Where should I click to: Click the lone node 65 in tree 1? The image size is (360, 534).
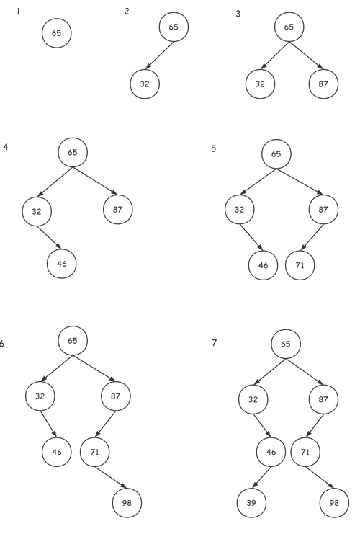point(57,33)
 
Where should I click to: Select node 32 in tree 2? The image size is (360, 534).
point(145,84)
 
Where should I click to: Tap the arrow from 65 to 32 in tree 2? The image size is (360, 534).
point(159,55)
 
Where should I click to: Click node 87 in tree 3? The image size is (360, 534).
point(323,84)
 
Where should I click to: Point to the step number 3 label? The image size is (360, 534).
point(238,14)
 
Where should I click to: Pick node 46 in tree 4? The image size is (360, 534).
point(62,264)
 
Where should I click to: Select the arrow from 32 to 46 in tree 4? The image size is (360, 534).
point(49,238)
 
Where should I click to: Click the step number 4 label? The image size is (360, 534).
point(6,147)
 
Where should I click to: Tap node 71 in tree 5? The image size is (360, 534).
point(300,265)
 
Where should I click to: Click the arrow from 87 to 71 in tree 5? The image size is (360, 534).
point(312,237)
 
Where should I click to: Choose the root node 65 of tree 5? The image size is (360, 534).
point(276,154)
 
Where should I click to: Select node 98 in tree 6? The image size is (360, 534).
point(127,503)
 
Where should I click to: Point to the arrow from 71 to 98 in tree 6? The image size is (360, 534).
point(110,478)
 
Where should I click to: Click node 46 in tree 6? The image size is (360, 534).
point(57,452)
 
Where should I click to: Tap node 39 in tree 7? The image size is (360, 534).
point(251,503)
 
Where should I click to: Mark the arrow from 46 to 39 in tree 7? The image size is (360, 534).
point(261,478)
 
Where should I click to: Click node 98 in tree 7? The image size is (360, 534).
point(335,503)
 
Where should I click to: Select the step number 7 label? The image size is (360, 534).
point(214,342)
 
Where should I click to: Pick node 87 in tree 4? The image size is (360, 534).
point(118,210)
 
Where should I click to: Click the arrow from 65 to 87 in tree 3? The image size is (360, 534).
point(306,55)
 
